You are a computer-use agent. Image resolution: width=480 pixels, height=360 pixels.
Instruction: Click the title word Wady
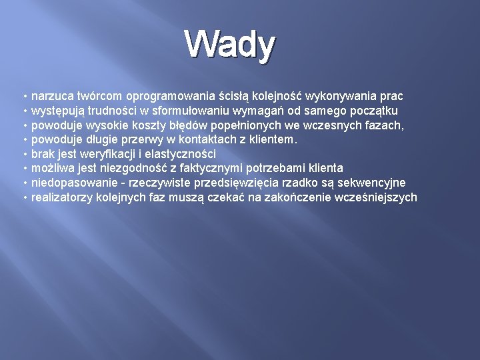pos(230,45)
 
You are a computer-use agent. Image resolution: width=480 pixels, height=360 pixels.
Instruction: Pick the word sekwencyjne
pos(373,183)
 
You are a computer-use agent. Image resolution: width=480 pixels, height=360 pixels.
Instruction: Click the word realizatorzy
pos(60,197)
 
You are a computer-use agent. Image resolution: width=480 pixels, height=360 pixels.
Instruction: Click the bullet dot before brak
pos(25,153)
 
